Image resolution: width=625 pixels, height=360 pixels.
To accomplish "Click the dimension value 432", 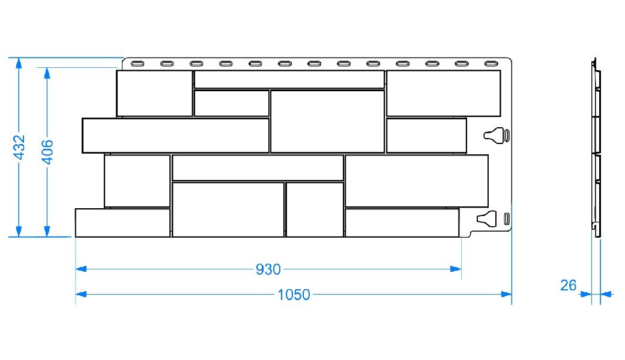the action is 19,147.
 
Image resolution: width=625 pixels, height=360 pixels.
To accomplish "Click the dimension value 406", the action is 47,151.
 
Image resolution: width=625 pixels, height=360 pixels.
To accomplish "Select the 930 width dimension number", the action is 268,269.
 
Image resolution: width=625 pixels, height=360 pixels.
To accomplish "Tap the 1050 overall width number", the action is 294,294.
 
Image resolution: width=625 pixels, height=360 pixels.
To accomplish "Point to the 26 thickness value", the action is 568,285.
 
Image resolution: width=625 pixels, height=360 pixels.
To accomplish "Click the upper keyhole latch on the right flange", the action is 495,135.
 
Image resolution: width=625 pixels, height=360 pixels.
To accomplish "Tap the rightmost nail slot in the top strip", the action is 492,63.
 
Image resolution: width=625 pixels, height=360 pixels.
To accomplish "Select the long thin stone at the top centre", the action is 289,79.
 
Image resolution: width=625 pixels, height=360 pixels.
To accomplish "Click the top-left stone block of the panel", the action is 154,93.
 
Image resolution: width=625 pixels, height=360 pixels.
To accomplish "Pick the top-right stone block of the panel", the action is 443,93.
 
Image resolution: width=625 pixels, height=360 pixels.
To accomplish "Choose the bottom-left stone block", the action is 122,223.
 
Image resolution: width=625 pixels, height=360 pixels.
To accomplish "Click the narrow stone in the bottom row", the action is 314,209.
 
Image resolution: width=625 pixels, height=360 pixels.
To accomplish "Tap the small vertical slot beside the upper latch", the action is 507,135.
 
